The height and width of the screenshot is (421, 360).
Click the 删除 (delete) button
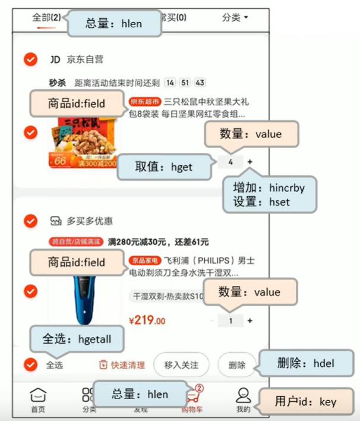pyautogui.click(x=236, y=365)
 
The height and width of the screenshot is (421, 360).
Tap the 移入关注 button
pyautogui.click(x=181, y=365)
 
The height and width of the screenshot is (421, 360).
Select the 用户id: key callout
pyautogui.click(x=307, y=401)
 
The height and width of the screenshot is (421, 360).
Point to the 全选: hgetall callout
pyautogui.click(x=77, y=340)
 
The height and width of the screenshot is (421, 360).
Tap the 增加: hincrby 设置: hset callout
pyautogui.click(x=269, y=194)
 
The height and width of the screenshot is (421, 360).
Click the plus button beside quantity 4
pyautogui.click(x=250, y=161)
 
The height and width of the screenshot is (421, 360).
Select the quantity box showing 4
pyautogui.click(x=230, y=161)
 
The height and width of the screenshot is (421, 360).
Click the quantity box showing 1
pyautogui.click(x=230, y=321)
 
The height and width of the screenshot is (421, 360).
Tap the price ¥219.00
pyautogui.click(x=147, y=321)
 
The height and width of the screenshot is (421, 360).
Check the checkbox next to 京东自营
pyautogui.click(x=30, y=59)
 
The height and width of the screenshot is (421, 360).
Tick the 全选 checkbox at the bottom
pyautogui.click(x=30, y=365)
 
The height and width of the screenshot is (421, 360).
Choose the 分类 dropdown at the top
pyautogui.click(x=235, y=18)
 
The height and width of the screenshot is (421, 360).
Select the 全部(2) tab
pyautogui.click(x=46, y=17)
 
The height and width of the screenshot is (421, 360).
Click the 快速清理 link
pyautogui.click(x=122, y=365)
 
